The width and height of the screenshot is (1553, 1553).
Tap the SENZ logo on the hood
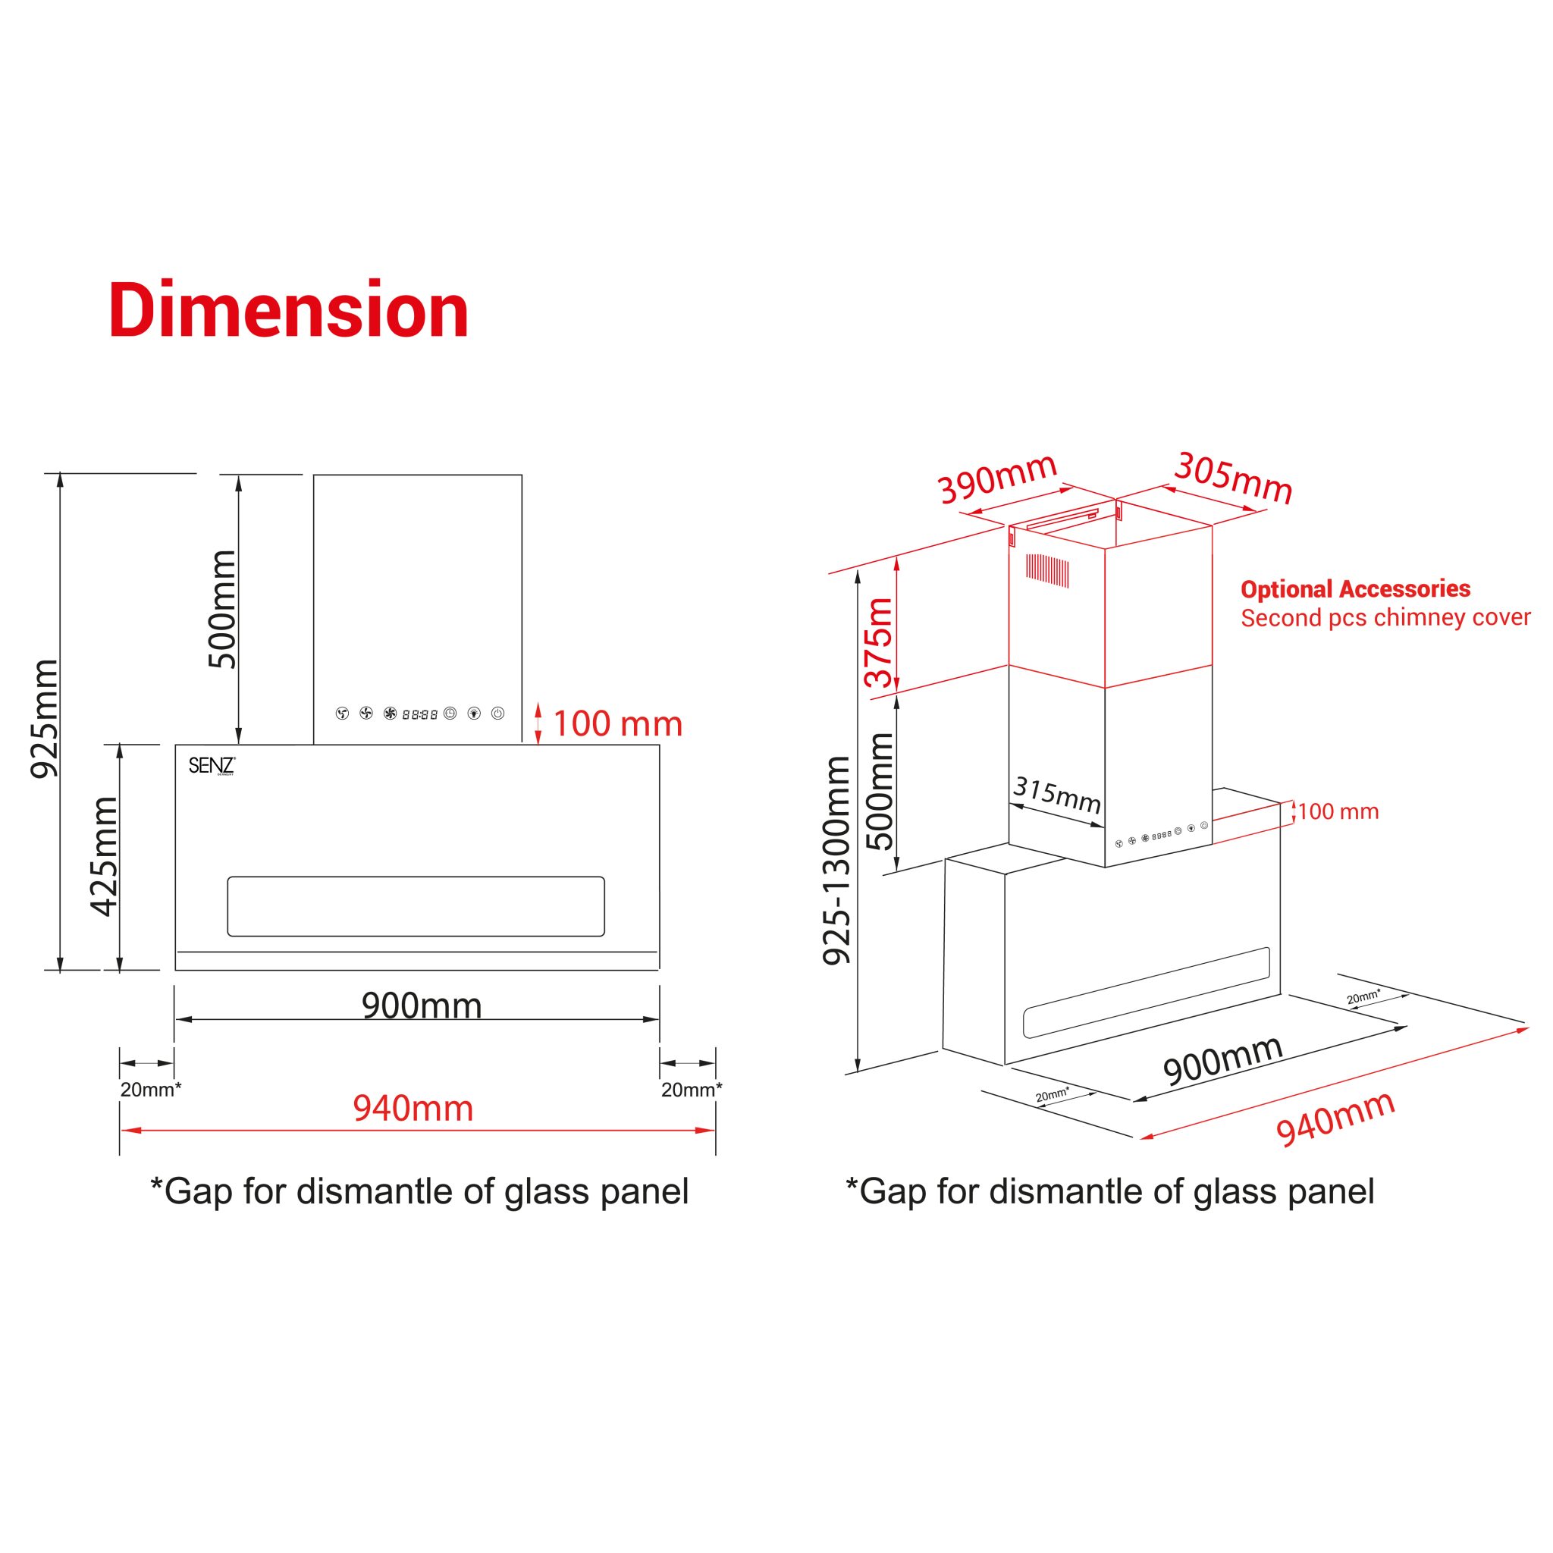(x=212, y=765)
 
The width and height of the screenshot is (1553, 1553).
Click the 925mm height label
(x=44, y=718)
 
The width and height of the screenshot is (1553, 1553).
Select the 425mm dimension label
(x=105, y=856)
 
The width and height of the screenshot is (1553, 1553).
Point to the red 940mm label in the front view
(x=413, y=1109)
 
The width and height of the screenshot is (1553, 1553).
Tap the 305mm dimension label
(x=1233, y=478)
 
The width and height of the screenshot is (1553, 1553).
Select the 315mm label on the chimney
(x=1057, y=795)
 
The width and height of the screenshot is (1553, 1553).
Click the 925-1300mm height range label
(x=837, y=860)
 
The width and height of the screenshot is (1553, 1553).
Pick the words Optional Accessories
(x=1355, y=589)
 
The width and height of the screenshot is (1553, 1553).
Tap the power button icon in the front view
(x=497, y=713)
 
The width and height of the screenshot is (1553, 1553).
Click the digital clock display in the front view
(x=419, y=714)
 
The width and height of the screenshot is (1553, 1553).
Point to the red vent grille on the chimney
(x=1046, y=570)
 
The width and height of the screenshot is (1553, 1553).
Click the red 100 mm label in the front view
(x=617, y=723)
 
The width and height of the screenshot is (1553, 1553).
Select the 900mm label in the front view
(x=421, y=1006)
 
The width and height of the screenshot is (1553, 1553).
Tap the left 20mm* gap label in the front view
(x=151, y=1089)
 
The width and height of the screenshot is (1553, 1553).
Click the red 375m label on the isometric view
(x=880, y=643)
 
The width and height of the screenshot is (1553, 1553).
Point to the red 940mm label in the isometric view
(x=1335, y=1119)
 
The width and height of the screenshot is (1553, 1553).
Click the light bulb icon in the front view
(x=474, y=713)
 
